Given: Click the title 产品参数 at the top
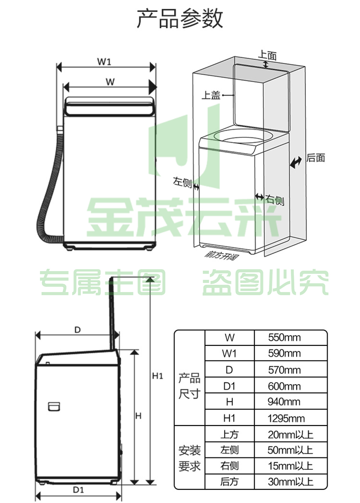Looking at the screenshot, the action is click(180, 18).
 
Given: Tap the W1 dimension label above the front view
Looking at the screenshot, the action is click(104, 61).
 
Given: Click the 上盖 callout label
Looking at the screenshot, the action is click(211, 95).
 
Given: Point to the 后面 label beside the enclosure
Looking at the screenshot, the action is click(315, 158).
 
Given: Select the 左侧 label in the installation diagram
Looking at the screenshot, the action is click(182, 182).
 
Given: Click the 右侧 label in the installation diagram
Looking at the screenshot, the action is click(275, 200).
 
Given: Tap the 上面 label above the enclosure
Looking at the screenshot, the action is click(267, 55).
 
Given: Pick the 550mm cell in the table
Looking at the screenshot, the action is click(284, 338).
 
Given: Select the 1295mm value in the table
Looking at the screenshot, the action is click(286, 418).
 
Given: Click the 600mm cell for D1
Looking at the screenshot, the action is click(284, 386).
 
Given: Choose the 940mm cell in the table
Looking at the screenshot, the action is click(284, 402).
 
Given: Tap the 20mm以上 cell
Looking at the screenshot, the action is click(290, 435).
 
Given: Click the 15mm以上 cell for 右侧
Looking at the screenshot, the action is click(290, 466).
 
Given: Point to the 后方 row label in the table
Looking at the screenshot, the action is click(229, 482).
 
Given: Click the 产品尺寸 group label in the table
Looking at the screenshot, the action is click(189, 386).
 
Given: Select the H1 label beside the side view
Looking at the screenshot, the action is click(158, 375).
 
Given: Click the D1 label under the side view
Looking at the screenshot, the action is click(78, 490).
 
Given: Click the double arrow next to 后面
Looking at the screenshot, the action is click(296, 162).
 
